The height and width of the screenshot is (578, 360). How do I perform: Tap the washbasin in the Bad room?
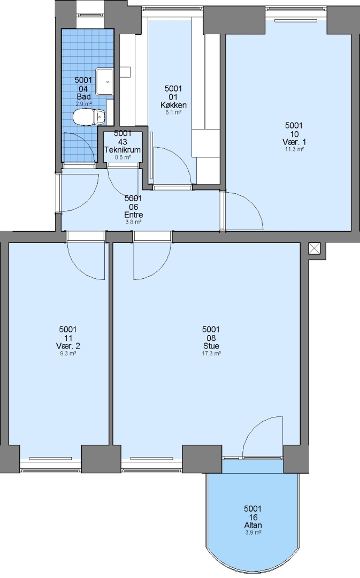[x=105, y=81]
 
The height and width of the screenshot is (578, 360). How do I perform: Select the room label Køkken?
[x=173, y=105]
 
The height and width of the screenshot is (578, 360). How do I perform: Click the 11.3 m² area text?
[x=294, y=149]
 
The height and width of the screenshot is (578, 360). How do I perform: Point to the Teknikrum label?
[x=122, y=150]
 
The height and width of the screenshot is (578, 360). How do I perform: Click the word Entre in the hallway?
[x=133, y=215]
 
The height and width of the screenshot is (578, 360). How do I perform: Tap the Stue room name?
[x=211, y=346]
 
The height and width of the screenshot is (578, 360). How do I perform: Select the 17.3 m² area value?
[x=211, y=353]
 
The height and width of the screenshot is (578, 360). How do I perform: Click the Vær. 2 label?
[x=68, y=346]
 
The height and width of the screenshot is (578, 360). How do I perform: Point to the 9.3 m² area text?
[x=68, y=353]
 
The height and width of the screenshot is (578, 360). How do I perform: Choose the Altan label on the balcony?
[x=253, y=526]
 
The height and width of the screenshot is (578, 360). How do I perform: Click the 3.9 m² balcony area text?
[x=253, y=533]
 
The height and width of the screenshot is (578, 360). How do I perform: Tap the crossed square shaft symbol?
[x=314, y=248]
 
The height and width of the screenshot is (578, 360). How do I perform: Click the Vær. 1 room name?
[x=294, y=142]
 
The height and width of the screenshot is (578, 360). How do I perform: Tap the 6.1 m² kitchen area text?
[x=173, y=112]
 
